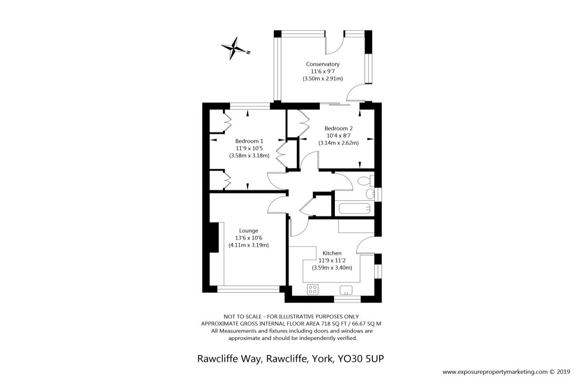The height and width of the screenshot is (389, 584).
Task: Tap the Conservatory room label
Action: click(x=323, y=64)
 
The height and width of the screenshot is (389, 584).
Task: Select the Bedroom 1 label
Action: click(x=249, y=141)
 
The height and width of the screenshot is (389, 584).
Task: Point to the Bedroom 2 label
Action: click(x=338, y=128)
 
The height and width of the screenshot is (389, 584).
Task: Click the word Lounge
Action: click(x=249, y=231)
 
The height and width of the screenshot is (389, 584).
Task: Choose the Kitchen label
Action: click(x=332, y=253)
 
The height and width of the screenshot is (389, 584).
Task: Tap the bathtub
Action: click(x=355, y=209)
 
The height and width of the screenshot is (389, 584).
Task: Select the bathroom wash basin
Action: click(x=370, y=194)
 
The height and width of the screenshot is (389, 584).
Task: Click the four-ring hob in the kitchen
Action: click(x=312, y=289)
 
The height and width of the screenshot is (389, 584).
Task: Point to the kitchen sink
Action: click(x=346, y=290)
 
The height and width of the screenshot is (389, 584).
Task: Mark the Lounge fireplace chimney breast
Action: click(x=214, y=237)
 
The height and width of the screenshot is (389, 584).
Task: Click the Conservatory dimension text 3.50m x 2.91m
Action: click(x=323, y=79)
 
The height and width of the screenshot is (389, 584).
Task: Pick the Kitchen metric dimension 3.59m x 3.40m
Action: click(x=332, y=268)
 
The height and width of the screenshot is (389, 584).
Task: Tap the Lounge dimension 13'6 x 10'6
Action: click(x=249, y=238)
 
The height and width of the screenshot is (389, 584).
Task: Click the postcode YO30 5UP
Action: click(x=361, y=359)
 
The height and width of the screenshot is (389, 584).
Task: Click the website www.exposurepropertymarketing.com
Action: click(x=495, y=372)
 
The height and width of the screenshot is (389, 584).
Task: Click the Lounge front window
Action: click(x=248, y=289)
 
